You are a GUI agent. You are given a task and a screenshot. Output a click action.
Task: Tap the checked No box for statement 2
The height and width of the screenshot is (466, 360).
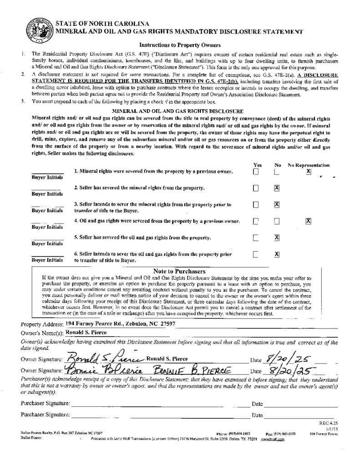tap(277, 188)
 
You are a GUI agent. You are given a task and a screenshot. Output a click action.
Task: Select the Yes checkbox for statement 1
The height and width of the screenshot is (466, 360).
tap(256, 172)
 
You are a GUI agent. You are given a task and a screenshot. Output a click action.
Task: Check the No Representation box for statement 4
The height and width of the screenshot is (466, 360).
tap(308, 221)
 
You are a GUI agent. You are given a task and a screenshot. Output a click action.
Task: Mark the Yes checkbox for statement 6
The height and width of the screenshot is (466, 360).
tap(256, 254)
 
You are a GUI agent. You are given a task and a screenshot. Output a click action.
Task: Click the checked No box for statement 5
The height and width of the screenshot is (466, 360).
tap(277, 237)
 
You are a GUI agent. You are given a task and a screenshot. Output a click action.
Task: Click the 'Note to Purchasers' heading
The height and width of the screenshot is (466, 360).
tap(179, 271)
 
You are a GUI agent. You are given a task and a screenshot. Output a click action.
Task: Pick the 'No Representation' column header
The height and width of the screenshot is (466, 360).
tap(309, 165)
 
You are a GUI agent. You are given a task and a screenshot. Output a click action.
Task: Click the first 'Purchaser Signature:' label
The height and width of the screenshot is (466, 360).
tap(46, 403)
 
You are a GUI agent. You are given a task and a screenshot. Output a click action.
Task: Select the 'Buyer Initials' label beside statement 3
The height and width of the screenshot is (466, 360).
tap(47, 211)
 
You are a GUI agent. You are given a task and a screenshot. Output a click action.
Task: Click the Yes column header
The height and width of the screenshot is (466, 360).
tap(257, 165)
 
